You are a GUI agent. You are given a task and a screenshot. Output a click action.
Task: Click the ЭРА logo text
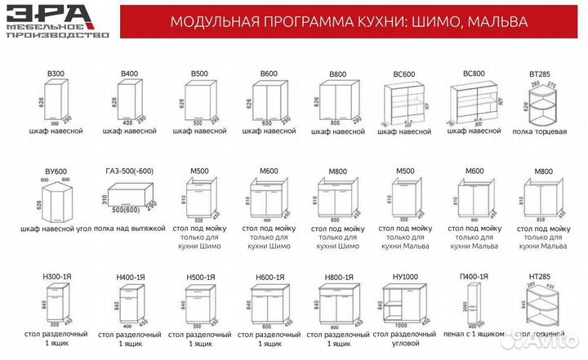pyautogui.click(x=56, y=14)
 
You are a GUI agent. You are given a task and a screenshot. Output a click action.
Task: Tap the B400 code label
pyautogui.click(x=129, y=74)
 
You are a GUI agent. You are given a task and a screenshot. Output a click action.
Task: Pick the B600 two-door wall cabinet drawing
pyautogui.click(x=269, y=103)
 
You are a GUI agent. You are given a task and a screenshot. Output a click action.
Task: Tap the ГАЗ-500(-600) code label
pyautogui.click(x=130, y=171)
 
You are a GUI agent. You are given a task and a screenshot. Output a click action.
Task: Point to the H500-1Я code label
pyautogui.click(x=199, y=276)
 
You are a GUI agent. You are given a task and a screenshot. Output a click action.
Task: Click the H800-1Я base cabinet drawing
pyautogui.click(x=338, y=304)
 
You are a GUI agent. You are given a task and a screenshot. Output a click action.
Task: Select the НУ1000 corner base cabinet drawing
pyautogui.click(x=406, y=304)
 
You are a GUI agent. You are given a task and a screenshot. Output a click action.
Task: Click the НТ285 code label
pyautogui.click(x=542, y=276)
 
